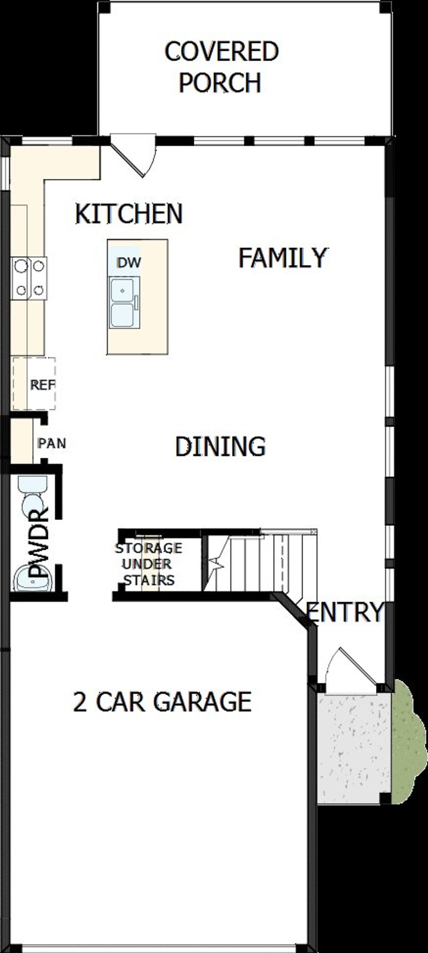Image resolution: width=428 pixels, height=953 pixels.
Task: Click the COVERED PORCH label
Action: coord(221,66)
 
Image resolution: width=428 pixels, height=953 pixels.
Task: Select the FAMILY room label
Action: coord(283,258)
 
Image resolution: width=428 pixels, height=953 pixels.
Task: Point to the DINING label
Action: coord(220,446)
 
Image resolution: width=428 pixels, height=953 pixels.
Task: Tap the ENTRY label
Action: coord(345,612)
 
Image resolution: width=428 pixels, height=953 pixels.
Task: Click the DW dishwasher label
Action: coord(129,262)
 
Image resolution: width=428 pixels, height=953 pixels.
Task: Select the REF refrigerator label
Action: coord(42,385)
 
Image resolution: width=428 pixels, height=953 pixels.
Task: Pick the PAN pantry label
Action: coord(52,443)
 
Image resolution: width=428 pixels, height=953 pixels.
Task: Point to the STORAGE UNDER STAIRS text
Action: coord(148,564)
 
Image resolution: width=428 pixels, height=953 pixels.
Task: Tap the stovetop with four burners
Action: coord(29,278)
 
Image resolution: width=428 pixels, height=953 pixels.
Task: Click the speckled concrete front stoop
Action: coord(353,747)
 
